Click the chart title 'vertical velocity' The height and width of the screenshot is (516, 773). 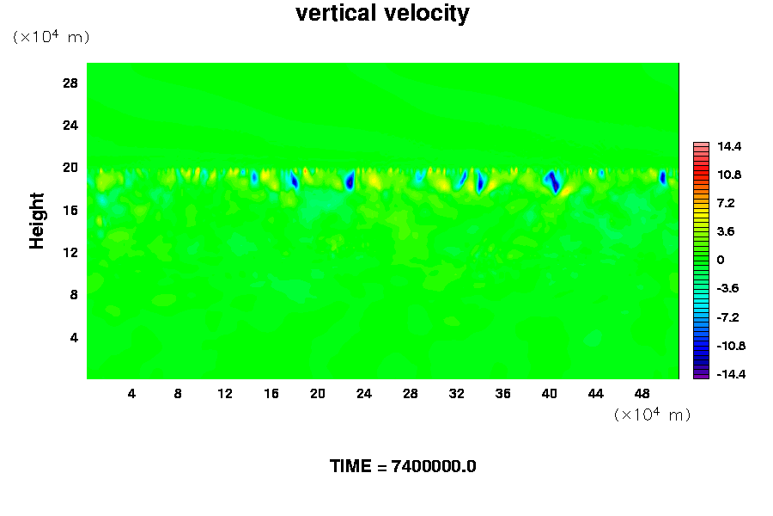tap(382, 14)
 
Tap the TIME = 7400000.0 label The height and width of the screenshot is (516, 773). tap(403, 466)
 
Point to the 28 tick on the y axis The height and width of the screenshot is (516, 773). tap(70, 83)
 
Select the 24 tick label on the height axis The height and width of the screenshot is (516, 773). tap(70, 125)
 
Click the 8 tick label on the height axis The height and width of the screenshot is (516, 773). tap(74, 294)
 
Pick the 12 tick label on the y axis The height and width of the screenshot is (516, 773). tap(70, 252)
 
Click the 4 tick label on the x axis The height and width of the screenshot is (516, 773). tap(131, 394)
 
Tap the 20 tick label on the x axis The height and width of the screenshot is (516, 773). tap(317, 394)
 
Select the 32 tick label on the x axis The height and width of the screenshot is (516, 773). tap(456, 394)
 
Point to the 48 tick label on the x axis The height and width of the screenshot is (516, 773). tap(642, 394)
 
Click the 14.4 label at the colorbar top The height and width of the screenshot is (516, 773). tap(729, 147)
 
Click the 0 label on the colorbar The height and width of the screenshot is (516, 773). tap(721, 260)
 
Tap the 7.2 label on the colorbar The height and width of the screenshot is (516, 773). tap(726, 203)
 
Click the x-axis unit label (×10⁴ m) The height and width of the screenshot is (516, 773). tap(652, 415)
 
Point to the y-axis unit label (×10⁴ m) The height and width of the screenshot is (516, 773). tap(51, 37)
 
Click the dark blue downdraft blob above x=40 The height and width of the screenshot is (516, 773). tap(554, 181)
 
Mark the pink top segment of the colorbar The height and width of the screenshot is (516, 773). tap(701, 146)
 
